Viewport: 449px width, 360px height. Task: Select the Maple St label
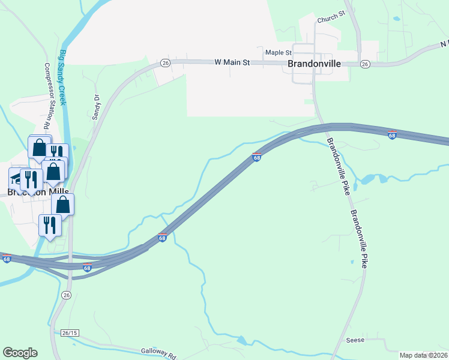point(279,53)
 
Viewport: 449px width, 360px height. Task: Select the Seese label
point(356,340)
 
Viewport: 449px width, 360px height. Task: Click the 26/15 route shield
point(70,332)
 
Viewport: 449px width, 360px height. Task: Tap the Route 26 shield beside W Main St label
point(166,62)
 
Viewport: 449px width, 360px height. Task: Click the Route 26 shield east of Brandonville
point(364,64)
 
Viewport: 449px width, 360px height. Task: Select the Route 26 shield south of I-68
point(66,295)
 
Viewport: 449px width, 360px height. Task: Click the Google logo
point(20,353)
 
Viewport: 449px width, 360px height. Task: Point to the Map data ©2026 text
point(424,355)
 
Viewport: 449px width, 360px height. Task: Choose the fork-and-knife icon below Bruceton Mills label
point(49,225)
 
